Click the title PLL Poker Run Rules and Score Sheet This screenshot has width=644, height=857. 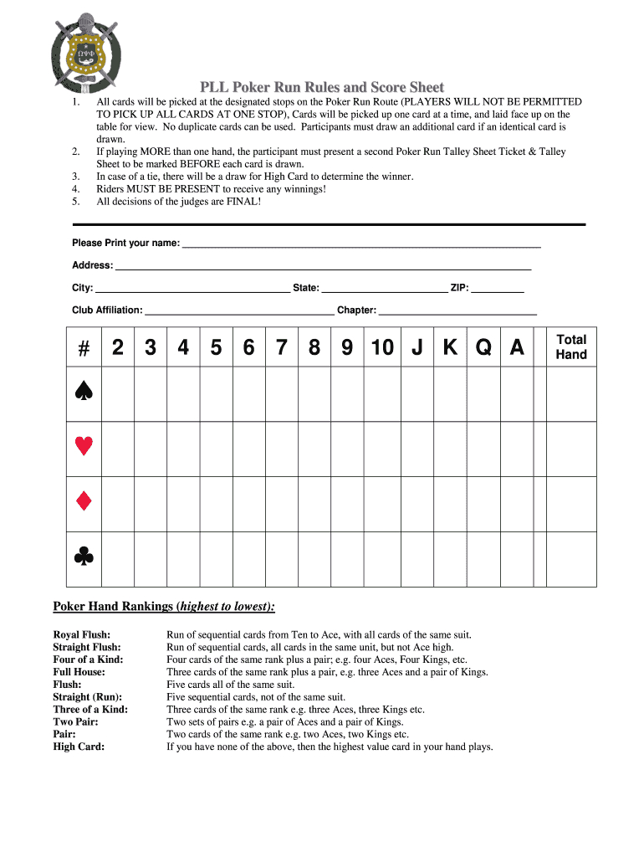(321, 87)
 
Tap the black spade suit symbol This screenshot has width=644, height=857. (83, 391)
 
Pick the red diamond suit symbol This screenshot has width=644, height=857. (83, 501)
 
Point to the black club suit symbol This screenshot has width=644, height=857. (83, 557)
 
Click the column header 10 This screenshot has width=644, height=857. (382, 347)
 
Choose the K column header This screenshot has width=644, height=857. (450, 347)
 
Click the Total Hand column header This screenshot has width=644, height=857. (571, 346)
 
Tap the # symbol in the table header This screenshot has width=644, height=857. (83, 347)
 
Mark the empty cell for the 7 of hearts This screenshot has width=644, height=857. (282, 449)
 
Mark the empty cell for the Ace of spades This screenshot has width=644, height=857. (517, 393)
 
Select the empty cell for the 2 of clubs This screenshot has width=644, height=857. (118, 558)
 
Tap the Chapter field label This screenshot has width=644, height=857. (356, 310)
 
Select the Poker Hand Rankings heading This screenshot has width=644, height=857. (164, 606)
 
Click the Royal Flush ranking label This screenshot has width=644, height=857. (82, 635)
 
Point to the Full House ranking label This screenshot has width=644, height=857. (79, 672)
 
